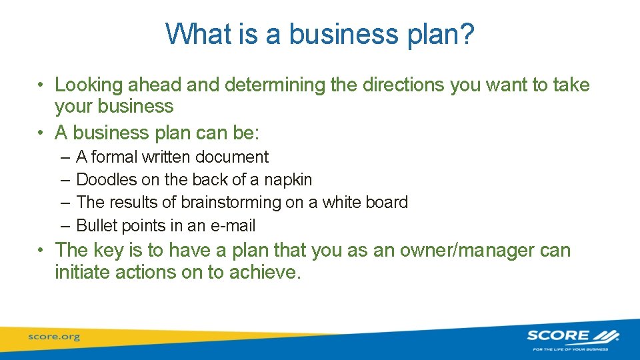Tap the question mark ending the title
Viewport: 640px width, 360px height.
(466, 33)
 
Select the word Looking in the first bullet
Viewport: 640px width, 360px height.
(89, 85)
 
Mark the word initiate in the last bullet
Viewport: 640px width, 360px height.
(83, 272)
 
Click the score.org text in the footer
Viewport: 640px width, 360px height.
(54, 337)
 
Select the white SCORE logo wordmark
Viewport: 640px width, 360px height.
(559, 335)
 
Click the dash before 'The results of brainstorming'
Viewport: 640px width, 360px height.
(64, 203)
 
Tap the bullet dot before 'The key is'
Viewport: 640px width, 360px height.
(41, 251)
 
